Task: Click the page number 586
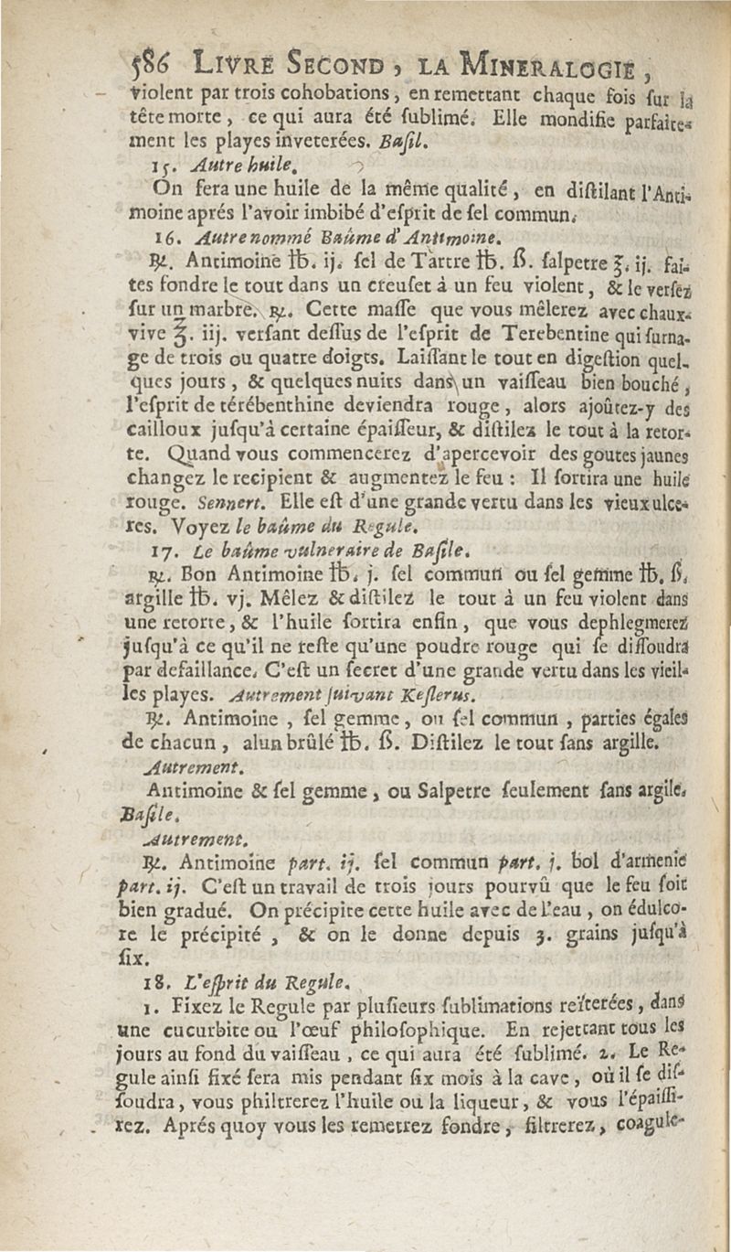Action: (149, 63)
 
